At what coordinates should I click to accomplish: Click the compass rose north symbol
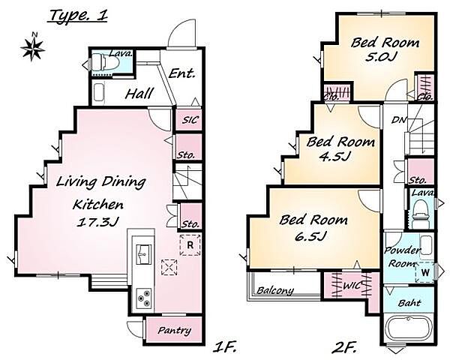point(33,47)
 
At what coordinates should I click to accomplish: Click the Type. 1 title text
point(78,16)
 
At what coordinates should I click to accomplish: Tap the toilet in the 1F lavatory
point(105,63)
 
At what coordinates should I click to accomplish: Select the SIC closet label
point(190,120)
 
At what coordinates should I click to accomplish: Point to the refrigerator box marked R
point(190,245)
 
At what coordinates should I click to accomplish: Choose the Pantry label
point(174,330)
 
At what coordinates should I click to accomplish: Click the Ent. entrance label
point(182,73)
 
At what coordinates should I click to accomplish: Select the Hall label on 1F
point(139,94)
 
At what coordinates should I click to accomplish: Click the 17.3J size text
point(97,222)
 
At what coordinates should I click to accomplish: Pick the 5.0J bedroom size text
point(381,56)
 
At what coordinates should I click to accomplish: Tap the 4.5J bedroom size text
point(335,157)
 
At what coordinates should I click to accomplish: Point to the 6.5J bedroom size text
point(310,237)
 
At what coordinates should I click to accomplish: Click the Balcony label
point(275,290)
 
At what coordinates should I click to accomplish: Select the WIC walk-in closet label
point(352,286)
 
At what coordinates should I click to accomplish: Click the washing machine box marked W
point(424,272)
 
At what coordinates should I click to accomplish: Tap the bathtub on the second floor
point(409,328)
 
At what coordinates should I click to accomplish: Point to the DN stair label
point(399,120)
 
